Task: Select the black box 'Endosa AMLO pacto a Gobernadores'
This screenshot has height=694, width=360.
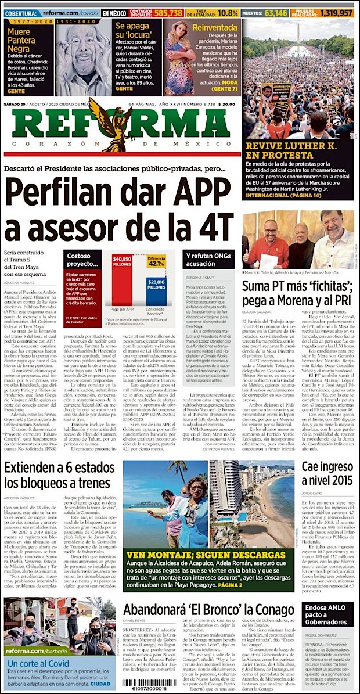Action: pyautogui.click(x=327, y=614)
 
